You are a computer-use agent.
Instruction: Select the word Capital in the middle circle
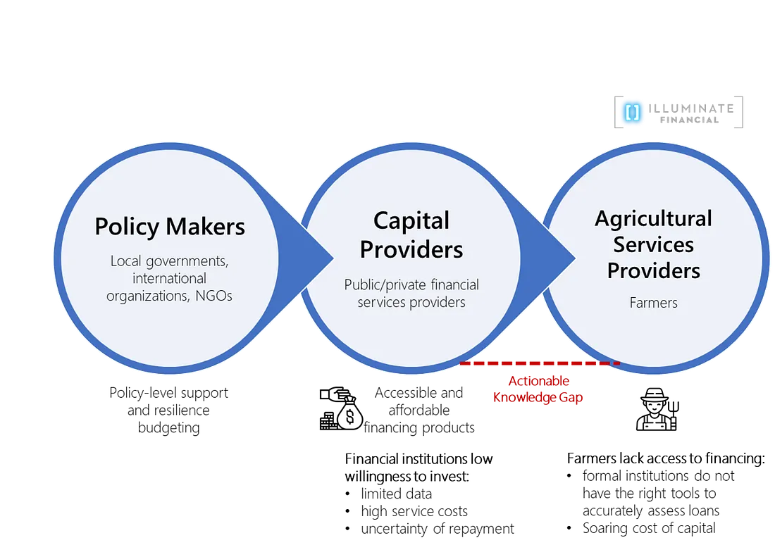[x=411, y=220]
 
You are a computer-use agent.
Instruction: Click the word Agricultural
[x=653, y=218]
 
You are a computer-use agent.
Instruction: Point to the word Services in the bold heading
[x=653, y=244]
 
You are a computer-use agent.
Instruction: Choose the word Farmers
[x=653, y=303]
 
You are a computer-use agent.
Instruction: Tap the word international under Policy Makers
[x=169, y=279]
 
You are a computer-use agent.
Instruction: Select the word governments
[x=187, y=261]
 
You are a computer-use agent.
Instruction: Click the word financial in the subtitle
[x=454, y=284]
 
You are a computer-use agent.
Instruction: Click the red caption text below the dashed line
[x=538, y=389]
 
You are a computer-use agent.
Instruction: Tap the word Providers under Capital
[x=411, y=249]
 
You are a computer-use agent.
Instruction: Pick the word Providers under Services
[x=653, y=270]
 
